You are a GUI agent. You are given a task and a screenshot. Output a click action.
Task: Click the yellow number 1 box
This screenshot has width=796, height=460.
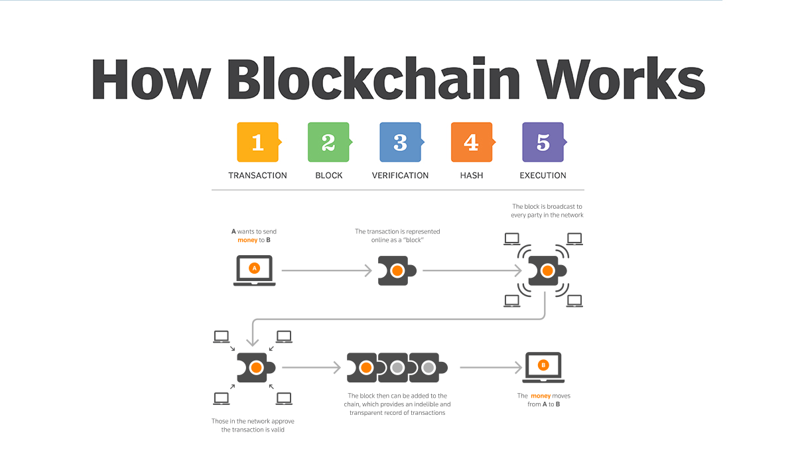pos(257,142)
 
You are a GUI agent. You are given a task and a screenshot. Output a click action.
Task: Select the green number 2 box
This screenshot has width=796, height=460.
pos(328,142)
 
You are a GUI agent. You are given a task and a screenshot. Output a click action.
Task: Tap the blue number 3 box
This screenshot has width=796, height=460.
pos(400,142)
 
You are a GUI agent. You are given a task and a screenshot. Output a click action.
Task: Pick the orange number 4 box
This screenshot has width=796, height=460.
pos(471,142)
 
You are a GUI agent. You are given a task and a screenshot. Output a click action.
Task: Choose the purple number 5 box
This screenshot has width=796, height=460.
pos(543,142)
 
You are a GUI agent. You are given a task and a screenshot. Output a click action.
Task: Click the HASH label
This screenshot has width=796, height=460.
pos(471,176)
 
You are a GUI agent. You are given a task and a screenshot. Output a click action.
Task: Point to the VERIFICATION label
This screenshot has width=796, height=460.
pos(400,176)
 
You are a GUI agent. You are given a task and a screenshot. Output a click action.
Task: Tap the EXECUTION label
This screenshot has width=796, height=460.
pos(543,176)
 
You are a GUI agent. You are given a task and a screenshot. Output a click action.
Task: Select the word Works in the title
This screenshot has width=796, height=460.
pos(620,80)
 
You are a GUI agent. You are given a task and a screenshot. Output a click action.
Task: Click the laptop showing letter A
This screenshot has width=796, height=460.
pos(254,270)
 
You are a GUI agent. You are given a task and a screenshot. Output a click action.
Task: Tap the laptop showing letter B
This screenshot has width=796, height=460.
pos(543,367)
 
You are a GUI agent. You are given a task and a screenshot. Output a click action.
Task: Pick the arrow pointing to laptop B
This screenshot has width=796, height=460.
pos(491,367)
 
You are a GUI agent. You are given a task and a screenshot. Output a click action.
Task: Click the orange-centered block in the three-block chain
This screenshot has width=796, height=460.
pos(364,367)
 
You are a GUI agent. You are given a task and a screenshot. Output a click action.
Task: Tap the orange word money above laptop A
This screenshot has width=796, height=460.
pos(247,240)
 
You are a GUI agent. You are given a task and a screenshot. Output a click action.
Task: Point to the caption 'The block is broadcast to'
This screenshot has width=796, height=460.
pos(547,206)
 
